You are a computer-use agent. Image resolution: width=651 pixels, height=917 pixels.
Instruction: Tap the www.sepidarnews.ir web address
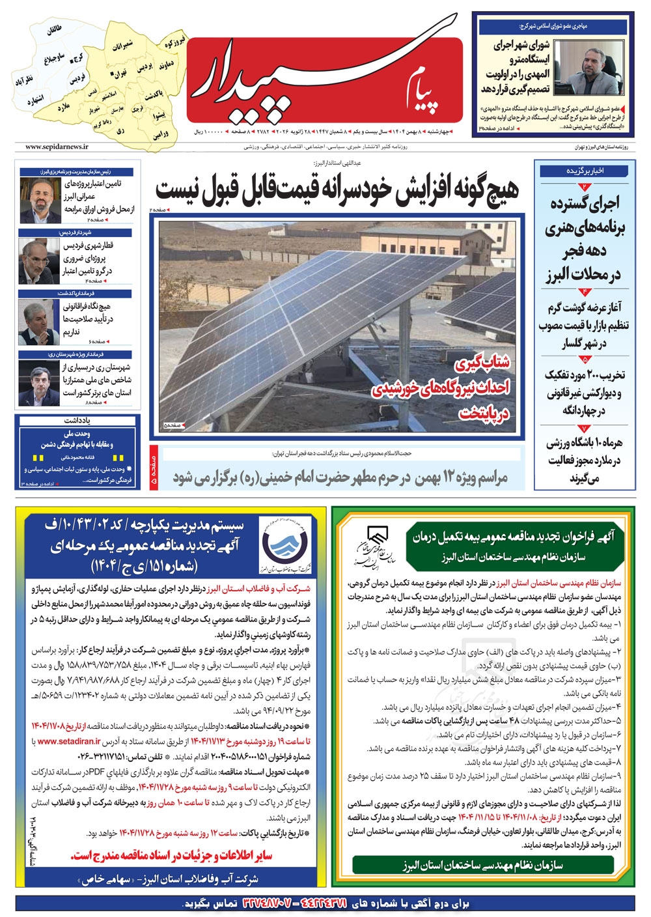(x=57, y=148)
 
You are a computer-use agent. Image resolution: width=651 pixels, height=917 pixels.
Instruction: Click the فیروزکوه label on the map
(x=174, y=44)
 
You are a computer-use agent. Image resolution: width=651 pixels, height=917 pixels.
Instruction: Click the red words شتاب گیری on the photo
(x=483, y=363)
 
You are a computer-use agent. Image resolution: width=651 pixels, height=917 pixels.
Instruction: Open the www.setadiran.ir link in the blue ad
(x=69, y=741)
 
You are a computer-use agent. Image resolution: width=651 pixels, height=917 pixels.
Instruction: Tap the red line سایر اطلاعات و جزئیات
(x=172, y=855)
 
